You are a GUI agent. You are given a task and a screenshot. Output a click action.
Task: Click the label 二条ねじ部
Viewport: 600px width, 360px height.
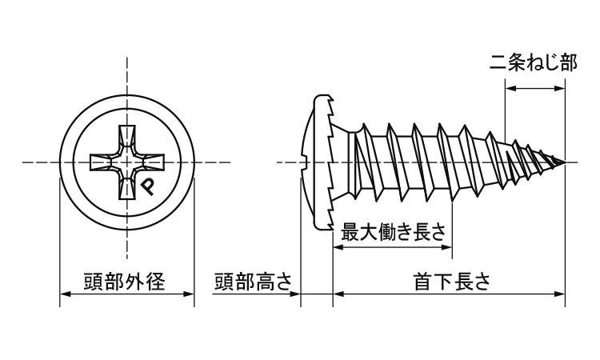pyautogui.click(x=533, y=64)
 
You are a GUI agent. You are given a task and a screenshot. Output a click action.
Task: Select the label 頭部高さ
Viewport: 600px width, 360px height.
pyautogui.click(x=253, y=282)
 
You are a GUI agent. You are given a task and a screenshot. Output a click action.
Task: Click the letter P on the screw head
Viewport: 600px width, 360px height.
pyautogui.click(x=149, y=186)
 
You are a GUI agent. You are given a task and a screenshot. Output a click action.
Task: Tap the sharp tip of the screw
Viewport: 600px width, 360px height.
pyautogui.click(x=566, y=162)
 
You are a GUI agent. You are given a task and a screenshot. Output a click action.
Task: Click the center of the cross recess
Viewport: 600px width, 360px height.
pyautogui.click(x=126, y=162)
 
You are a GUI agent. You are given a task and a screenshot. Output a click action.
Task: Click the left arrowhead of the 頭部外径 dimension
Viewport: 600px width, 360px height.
pyautogui.click(x=65, y=294)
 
